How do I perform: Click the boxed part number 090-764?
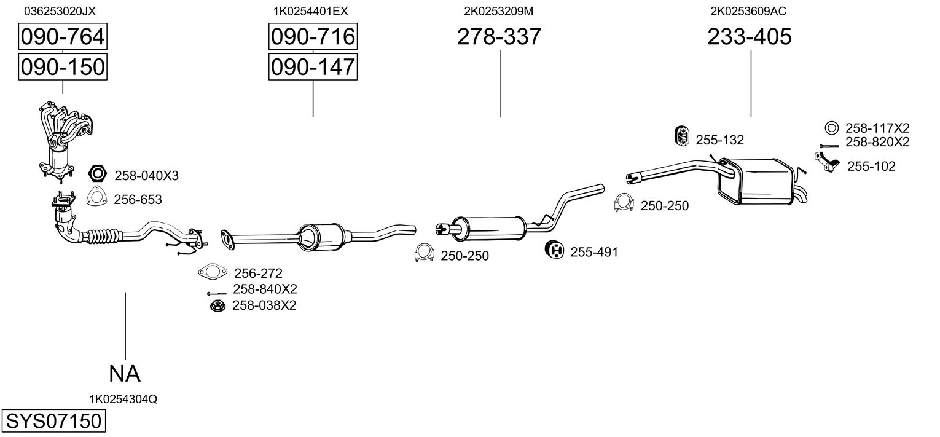[x=62, y=37]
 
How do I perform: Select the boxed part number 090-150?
[x=62, y=66]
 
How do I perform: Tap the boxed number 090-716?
[x=313, y=37]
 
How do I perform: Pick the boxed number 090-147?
[x=313, y=66]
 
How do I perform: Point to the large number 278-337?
[x=499, y=37]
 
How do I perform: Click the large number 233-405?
[x=750, y=37]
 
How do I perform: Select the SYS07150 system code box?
[x=53, y=422]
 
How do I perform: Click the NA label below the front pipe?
[x=125, y=373]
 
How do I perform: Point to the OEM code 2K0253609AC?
[x=748, y=11]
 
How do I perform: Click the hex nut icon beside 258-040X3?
[x=98, y=174]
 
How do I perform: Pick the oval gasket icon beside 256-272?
[x=211, y=272]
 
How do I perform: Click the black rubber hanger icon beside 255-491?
[x=555, y=250]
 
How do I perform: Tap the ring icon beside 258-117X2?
[x=831, y=128]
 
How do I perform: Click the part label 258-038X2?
[x=264, y=305]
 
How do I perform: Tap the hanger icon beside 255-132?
[x=681, y=137]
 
